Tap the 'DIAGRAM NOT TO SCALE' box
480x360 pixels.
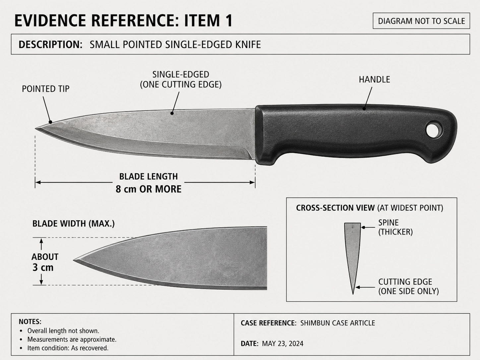(x=421, y=21)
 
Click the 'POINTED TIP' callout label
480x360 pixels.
(x=46, y=89)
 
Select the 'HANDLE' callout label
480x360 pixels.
(x=374, y=79)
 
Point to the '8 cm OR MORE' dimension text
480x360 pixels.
(x=149, y=189)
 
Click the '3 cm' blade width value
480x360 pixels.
(x=43, y=267)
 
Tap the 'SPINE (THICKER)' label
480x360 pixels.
(x=395, y=227)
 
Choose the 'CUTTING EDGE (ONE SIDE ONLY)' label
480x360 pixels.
(x=408, y=286)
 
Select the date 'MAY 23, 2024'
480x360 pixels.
(x=282, y=343)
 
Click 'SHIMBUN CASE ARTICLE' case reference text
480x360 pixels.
(x=338, y=323)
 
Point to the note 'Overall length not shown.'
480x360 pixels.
(x=63, y=331)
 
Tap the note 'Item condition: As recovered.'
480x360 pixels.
(x=68, y=348)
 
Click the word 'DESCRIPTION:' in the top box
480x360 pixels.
(x=50, y=44)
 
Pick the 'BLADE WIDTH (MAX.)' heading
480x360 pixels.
(x=74, y=224)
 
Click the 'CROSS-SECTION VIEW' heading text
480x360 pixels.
(x=335, y=208)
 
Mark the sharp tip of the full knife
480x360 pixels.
(x=35, y=129)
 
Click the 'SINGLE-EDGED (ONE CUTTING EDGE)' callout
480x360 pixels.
(x=181, y=80)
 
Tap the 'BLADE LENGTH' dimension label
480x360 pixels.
(x=149, y=176)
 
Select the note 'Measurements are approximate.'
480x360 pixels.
(x=72, y=339)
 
